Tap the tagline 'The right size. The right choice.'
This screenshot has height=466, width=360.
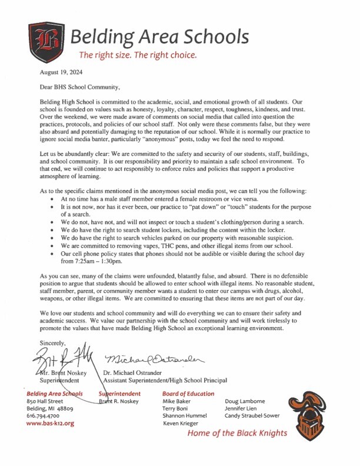tap(138, 56)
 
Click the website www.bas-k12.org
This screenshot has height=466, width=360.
tap(51, 423)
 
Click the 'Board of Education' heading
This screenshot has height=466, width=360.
tap(188, 394)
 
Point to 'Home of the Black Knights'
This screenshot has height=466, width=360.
tap(238, 434)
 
